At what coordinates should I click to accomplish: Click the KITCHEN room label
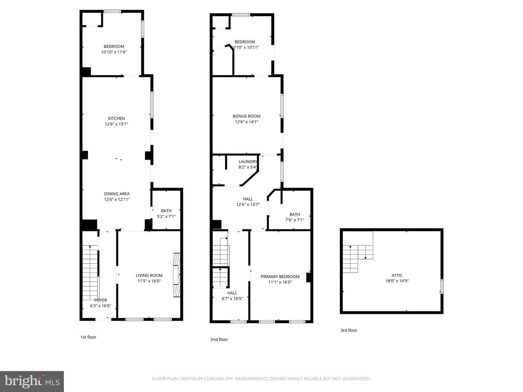[x=116, y=118]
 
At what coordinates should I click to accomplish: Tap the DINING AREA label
[x=117, y=194]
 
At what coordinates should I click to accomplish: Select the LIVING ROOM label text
[x=149, y=275]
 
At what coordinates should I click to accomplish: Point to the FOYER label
[x=101, y=300]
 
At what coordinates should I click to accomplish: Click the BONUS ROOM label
[x=246, y=116]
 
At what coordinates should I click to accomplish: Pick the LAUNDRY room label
[x=248, y=162]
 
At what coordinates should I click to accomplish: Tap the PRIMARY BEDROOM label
[x=280, y=277]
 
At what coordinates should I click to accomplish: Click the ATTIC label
[x=397, y=275]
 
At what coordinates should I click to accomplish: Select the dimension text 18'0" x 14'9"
[x=397, y=281]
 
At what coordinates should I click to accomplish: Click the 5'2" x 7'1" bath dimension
[x=166, y=216]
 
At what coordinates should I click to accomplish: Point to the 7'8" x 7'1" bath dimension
[x=295, y=220]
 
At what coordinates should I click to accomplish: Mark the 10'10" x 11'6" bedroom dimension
[x=114, y=52]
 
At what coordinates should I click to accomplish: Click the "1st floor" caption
[x=88, y=337]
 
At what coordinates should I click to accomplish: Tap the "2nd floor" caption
[x=219, y=339]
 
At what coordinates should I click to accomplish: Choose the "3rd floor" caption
[x=349, y=330]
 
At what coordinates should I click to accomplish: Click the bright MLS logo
[x=32, y=381]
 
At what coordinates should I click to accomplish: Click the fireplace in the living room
[x=177, y=275]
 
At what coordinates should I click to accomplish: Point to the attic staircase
[x=358, y=259]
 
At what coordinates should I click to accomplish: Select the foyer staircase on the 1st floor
[x=90, y=273]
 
